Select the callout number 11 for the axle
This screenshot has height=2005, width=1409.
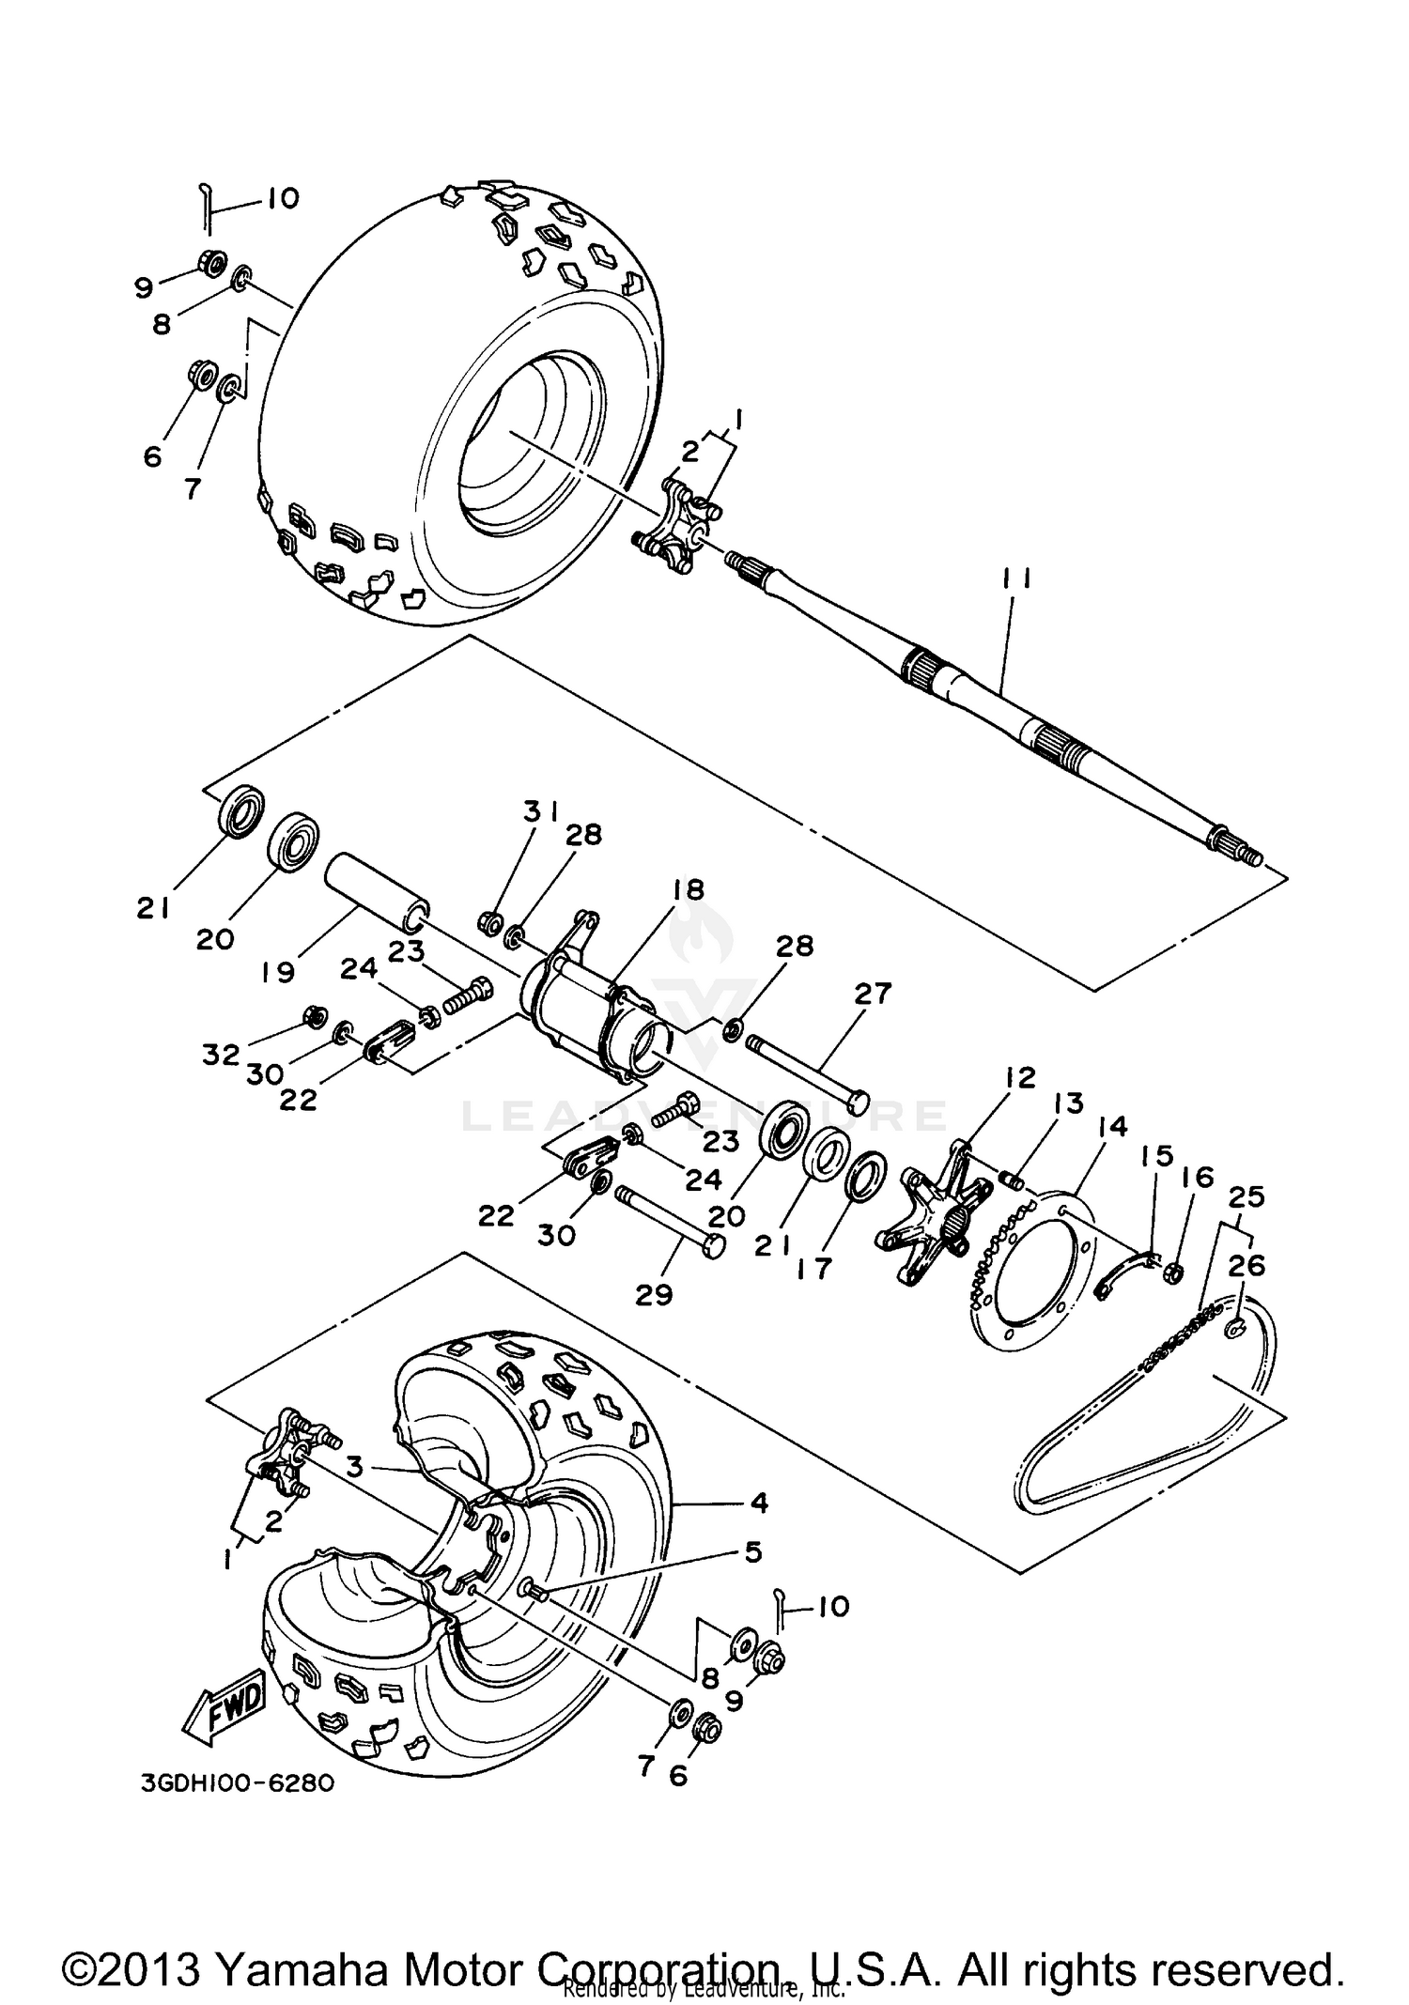(1016, 580)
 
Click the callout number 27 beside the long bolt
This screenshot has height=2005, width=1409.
(872, 993)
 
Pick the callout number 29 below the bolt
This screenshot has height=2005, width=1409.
(654, 1294)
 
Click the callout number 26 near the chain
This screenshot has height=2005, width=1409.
(1246, 1265)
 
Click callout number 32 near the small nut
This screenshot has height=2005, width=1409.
(222, 1055)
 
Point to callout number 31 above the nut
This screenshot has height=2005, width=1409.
(541, 810)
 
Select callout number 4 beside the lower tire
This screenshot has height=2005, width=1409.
(759, 1504)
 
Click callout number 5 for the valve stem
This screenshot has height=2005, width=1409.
(753, 1552)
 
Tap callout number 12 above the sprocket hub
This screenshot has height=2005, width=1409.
(1020, 1077)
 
